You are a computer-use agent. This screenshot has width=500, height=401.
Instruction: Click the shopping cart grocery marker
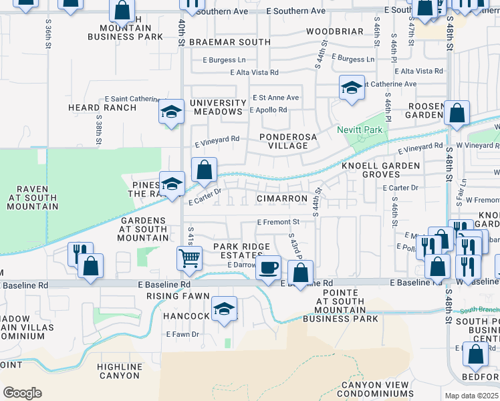pyautogui.click(x=190, y=257)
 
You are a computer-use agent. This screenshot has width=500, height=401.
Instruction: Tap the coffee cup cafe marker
pyautogui.click(x=268, y=267)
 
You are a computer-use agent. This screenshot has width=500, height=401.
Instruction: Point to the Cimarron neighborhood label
pyautogui.click(x=281, y=199)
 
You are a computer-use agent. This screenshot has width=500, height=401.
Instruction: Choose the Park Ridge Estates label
pyautogui.click(x=237, y=251)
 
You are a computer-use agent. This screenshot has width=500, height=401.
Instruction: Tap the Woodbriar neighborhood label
pyautogui.click(x=334, y=31)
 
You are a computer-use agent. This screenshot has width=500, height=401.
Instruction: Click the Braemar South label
pyautogui.click(x=230, y=42)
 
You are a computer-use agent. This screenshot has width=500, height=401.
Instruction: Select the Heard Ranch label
pyautogui.click(x=93, y=108)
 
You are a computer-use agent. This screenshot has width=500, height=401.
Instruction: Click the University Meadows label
pyautogui.click(x=218, y=107)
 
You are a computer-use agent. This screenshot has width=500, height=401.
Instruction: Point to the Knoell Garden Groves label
pyautogui.click(x=380, y=170)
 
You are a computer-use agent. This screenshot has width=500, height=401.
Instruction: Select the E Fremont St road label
pyautogui.click(x=277, y=222)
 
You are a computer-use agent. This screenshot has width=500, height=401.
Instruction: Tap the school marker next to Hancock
pyautogui.click(x=224, y=308)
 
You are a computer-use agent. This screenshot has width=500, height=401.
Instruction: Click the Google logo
pyautogui.click(x=23, y=393)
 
